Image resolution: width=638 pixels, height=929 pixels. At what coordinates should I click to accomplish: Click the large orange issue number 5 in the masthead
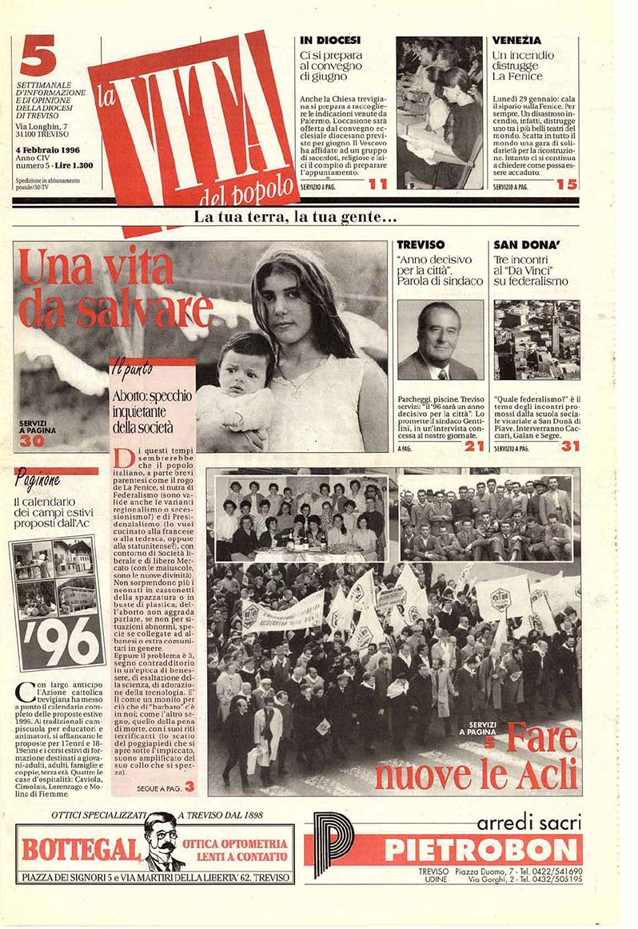coord(38,59)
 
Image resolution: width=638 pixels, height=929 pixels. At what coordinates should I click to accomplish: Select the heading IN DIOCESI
coord(330,40)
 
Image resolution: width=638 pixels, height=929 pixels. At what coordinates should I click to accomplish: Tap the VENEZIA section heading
coord(516,40)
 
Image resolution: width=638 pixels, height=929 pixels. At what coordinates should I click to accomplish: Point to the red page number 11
coord(377,185)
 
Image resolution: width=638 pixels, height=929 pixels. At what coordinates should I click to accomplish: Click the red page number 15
coord(567,185)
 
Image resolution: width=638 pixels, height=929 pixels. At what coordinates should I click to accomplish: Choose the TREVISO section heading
coord(423,244)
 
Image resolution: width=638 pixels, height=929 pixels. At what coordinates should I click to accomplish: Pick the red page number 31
coord(569,446)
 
